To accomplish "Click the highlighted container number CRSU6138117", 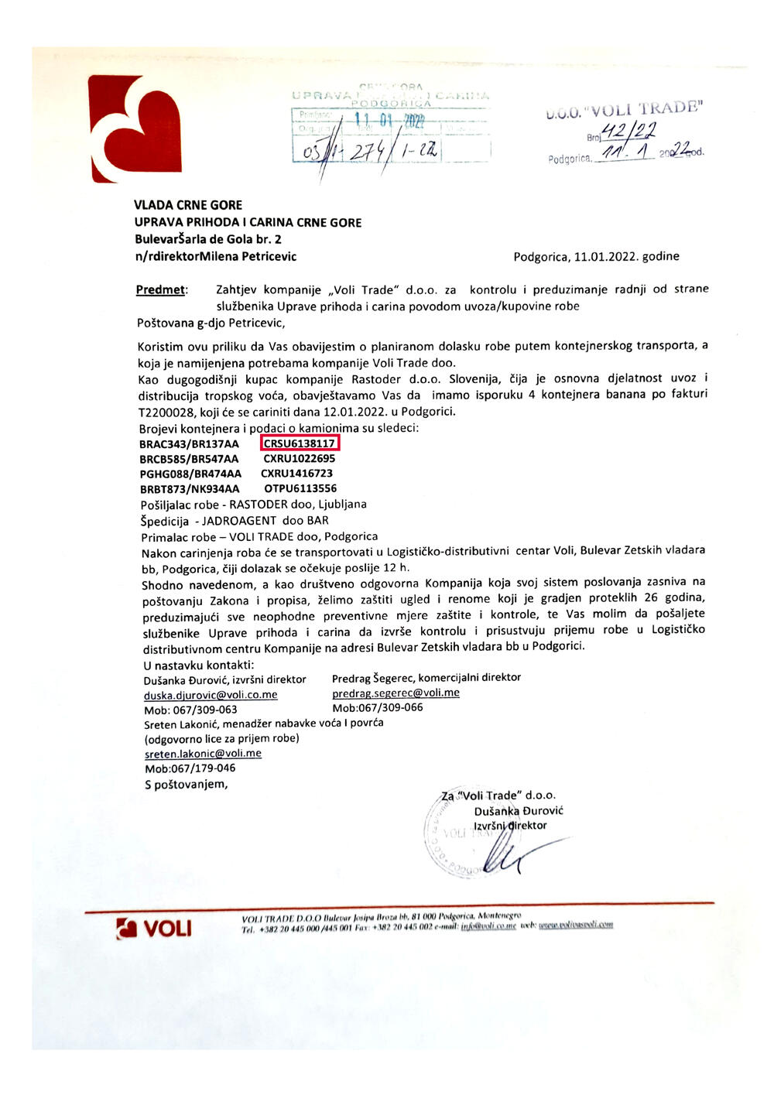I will pos(300,443).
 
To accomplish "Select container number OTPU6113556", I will pos(300,488).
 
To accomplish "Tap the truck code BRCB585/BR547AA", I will pos(189,459).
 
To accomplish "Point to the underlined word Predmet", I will pos(161,289).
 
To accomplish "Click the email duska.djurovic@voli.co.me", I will pos(211,695).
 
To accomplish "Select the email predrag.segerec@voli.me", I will pos(396,693).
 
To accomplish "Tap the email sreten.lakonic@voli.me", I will pos(203,753).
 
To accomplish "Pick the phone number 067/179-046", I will pos(204,768).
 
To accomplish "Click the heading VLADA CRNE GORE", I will pos(188,205).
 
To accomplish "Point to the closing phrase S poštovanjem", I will pos(187,784).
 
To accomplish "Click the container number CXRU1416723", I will pos(296,474).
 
